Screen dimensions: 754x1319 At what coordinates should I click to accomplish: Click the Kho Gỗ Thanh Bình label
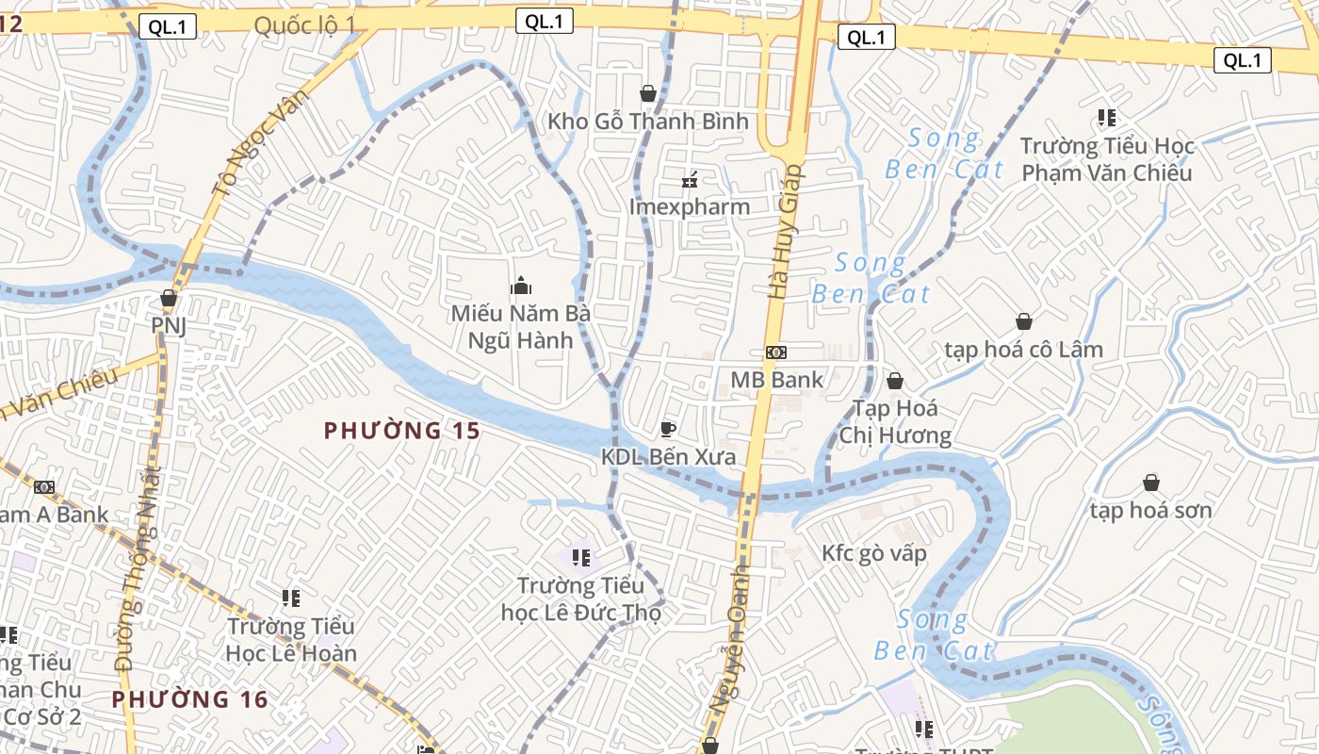pos(648,122)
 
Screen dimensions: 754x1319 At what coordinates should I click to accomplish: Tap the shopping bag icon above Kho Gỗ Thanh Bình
pos(648,93)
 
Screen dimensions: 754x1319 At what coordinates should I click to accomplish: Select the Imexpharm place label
pos(690,206)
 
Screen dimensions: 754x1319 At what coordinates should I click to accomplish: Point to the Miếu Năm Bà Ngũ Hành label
pos(520,326)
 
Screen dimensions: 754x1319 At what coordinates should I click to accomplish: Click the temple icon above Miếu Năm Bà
pos(520,286)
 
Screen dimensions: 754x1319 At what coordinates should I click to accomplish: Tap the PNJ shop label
pos(169,325)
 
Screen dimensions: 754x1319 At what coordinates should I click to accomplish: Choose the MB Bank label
pos(776,380)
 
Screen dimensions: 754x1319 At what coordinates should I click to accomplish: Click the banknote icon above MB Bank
pos(776,352)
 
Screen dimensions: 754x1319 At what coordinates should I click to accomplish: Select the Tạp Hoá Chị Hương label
pos(894,421)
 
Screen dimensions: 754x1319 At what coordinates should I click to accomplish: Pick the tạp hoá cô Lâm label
pos(1023,350)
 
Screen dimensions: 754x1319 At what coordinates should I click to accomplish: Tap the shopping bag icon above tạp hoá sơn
pos(1150,484)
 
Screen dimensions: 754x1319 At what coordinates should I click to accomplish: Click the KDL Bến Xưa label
pos(668,457)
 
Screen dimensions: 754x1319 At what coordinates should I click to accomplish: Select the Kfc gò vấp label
pos(873,553)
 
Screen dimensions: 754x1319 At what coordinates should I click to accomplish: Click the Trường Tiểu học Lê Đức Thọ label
pos(580,599)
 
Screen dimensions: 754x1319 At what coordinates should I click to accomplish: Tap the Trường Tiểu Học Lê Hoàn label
pos(291,639)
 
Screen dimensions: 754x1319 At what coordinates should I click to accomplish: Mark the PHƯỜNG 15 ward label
pos(402,431)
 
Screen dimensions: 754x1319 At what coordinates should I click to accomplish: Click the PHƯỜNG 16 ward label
pos(190,699)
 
